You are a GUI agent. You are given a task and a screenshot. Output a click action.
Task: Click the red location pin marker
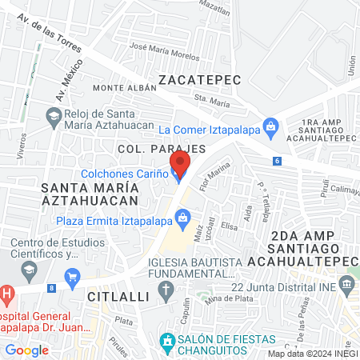coord(179,164)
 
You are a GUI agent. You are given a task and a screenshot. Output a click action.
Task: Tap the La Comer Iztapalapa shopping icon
coord(272,126)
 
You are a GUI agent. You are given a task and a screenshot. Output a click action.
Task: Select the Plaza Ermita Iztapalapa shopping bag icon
coord(183,217)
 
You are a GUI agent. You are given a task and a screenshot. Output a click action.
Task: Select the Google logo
coord(26,350)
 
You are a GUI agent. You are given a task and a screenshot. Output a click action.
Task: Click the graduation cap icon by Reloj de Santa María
coord(54,117)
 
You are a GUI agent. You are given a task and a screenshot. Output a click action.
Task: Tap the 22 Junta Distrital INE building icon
coord(346,284)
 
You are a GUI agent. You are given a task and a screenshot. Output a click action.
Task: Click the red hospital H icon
coord(6,294)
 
